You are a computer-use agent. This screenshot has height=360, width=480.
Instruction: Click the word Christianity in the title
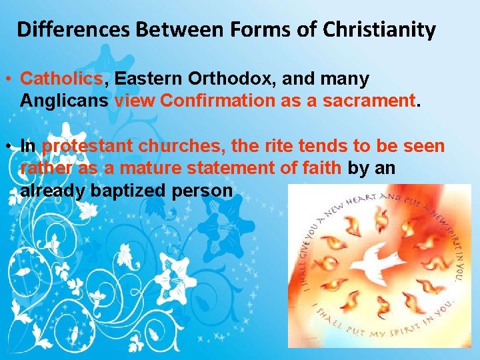pyautogui.click(x=379, y=30)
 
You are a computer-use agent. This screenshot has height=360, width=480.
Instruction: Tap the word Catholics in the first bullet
pyautogui.click(x=62, y=79)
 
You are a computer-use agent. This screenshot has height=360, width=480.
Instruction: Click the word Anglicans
pyautogui.click(x=65, y=101)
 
